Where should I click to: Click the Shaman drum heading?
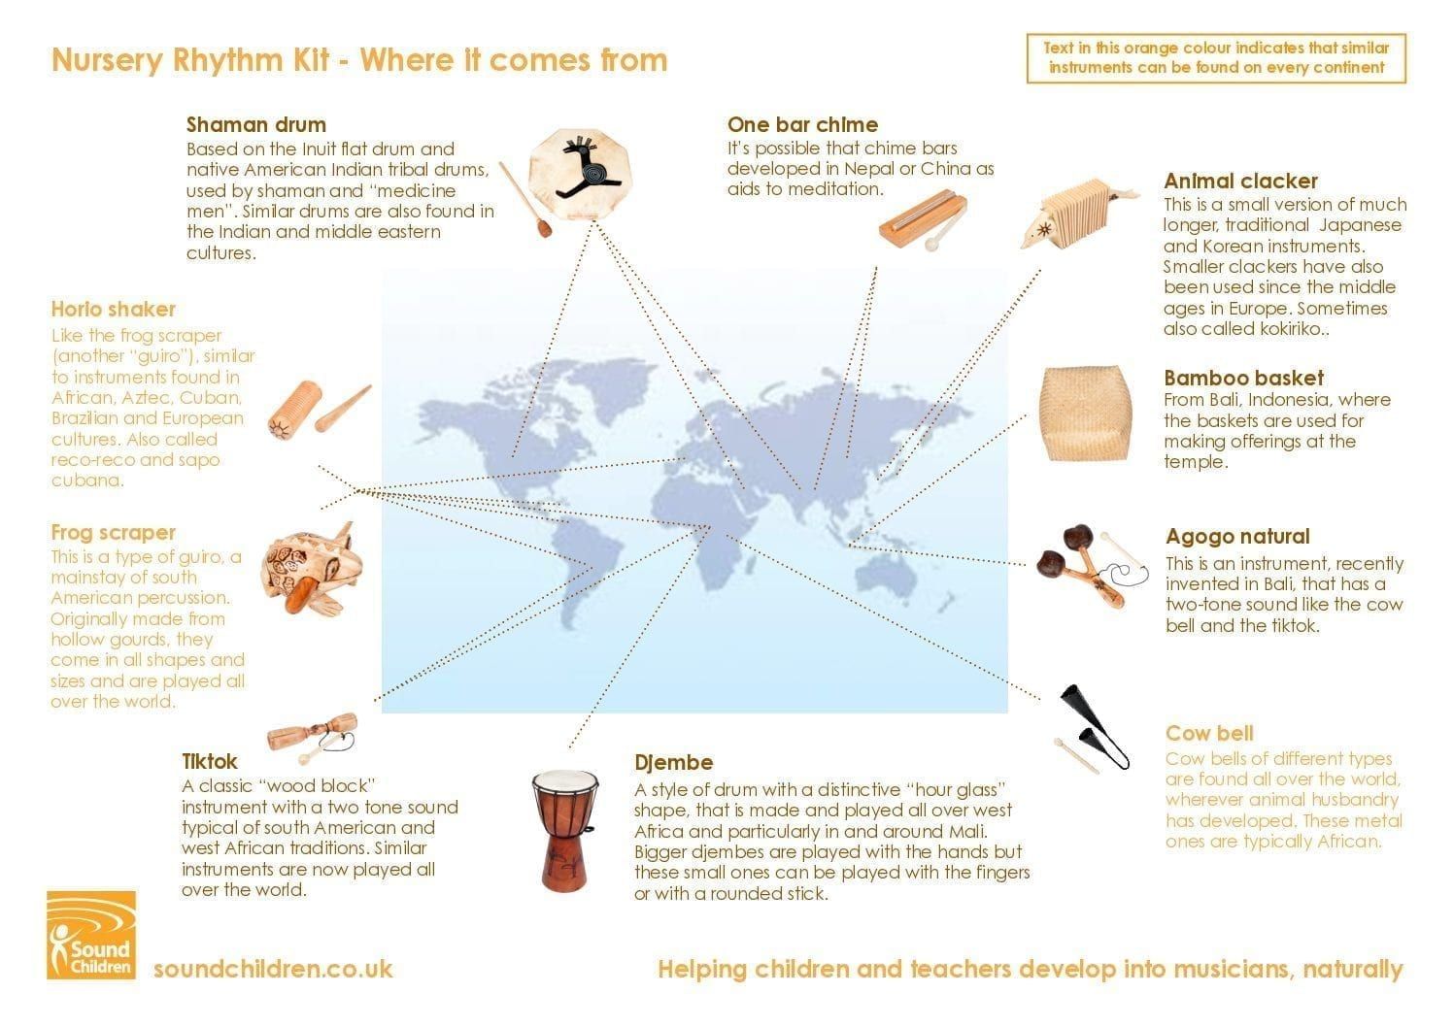coord(255,124)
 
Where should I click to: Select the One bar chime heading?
coord(802,124)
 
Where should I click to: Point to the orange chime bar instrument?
coord(923,220)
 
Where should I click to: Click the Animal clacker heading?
coord(1240,181)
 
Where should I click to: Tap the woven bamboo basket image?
coord(1085,414)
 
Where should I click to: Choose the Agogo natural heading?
coord(1237,536)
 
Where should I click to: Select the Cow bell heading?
coord(1208,733)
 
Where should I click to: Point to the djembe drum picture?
coord(565,830)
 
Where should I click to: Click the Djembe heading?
coord(673,762)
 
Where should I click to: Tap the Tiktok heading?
coord(209,761)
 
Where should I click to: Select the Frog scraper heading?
coord(113,533)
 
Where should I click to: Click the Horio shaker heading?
coord(113,309)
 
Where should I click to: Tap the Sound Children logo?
coord(91,935)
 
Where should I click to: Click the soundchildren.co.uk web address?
coord(273,970)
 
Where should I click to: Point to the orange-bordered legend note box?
coord(1216,58)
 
